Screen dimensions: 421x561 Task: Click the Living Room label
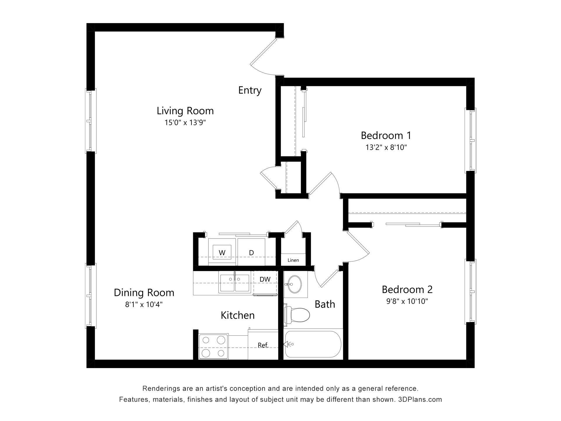185,111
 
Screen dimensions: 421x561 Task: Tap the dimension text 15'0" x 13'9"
185,122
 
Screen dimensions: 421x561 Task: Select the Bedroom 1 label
386,135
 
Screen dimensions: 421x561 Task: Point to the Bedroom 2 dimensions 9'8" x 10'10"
407,301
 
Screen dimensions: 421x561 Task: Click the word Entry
250,90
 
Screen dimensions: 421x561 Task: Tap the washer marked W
222,253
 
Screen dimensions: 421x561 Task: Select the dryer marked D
251,253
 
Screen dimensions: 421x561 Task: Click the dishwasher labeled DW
265,279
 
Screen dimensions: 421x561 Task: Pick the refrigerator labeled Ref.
263,345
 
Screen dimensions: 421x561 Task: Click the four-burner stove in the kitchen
213,347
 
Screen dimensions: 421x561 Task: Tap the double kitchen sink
234,283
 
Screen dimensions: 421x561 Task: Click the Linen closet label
293,260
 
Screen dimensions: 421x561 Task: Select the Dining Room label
144,293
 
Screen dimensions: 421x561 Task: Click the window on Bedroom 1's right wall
470,140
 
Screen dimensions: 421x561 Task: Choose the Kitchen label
238,315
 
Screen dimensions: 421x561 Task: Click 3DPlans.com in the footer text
420,399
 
